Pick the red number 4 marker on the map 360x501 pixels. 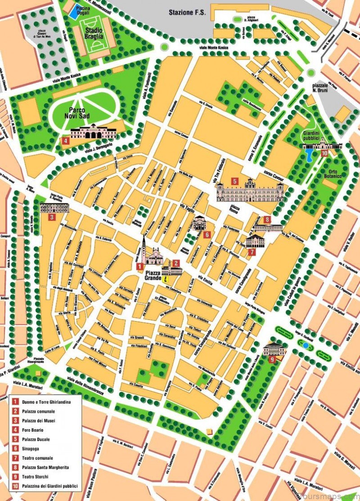coord(66,140)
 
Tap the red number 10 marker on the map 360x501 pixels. coord(324,153)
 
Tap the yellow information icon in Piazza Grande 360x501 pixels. coord(166,279)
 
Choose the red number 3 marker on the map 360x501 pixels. coord(52,217)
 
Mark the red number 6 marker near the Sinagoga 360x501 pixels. coord(207,235)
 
